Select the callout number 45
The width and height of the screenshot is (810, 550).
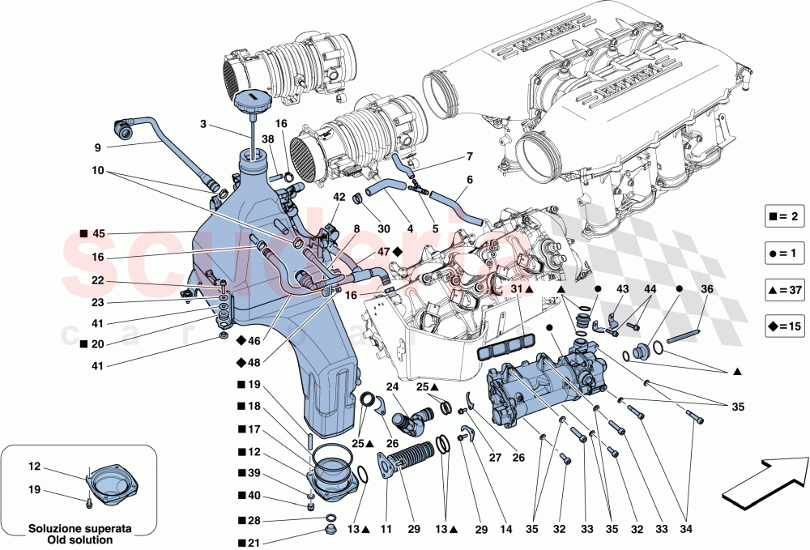[99, 234]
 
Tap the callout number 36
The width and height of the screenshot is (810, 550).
[706, 289]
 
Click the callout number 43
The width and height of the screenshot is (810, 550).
[622, 289]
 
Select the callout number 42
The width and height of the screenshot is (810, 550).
[339, 197]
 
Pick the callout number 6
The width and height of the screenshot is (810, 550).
[470, 180]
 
